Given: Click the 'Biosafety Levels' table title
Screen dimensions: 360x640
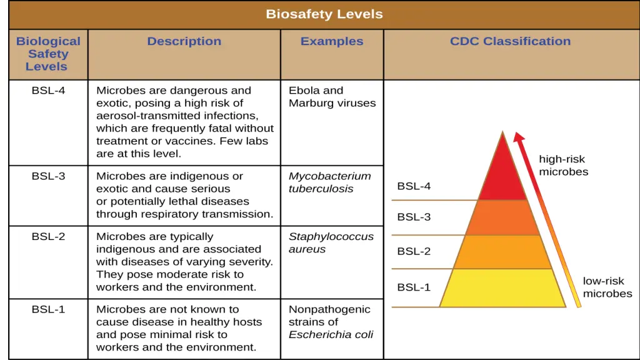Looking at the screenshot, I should pyautogui.click(x=324, y=14).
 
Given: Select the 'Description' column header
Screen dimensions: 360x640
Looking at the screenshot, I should pyautogui.click(x=184, y=41).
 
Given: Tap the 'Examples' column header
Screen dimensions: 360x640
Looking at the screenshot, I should pyautogui.click(x=331, y=41).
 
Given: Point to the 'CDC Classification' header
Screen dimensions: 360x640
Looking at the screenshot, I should pyautogui.click(x=510, y=41).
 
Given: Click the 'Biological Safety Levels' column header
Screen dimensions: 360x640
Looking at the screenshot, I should pyautogui.click(x=48, y=54).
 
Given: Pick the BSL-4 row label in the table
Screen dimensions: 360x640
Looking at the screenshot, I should pyautogui.click(x=48, y=91).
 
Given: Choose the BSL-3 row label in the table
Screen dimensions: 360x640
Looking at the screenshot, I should pyautogui.click(x=48, y=176).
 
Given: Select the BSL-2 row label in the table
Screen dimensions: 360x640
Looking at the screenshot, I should pyautogui.click(x=48, y=237).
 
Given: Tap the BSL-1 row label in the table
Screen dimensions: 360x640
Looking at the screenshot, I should pyautogui.click(x=48, y=309).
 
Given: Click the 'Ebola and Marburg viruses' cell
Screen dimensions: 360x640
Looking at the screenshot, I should pyautogui.click(x=332, y=97).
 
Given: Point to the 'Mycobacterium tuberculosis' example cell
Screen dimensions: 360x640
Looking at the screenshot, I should pyautogui.click(x=329, y=182).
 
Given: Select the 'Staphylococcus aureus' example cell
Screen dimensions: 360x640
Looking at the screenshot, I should pyautogui.click(x=331, y=243).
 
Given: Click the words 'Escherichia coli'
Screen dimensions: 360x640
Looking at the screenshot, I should pyautogui.click(x=331, y=335).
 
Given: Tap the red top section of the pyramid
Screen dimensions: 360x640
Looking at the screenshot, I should pyautogui.click(x=502, y=175).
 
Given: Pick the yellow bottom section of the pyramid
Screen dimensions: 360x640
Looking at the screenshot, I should pyautogui.click(x=502, y=288).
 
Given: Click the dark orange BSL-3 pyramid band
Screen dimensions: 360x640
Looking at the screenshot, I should pyautogui.click(x=502, y=217).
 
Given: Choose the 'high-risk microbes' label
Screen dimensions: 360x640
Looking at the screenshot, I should pyautogui.click(x=563, y=166).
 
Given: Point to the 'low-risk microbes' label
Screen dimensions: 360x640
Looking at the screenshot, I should pyautogui.click(x=607, y=287).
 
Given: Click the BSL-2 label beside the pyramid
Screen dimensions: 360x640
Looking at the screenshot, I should pyautogui.click(x=414, y=252).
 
